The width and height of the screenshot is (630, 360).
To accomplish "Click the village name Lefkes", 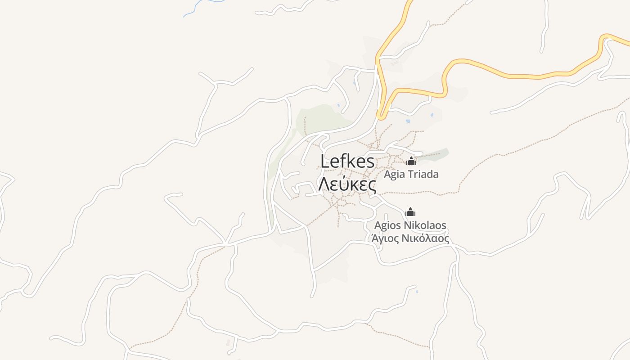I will (x=347, y=162).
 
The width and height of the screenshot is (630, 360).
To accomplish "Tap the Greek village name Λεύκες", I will (x=347, y=184).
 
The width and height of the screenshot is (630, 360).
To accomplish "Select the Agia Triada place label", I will (x=411, y=174).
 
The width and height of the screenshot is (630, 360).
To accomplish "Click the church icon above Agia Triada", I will (x=411, y=161).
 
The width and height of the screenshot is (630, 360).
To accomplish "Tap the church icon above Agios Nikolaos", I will (x=410, y=212).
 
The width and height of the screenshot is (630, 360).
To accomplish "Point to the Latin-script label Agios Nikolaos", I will (x=410, y=225).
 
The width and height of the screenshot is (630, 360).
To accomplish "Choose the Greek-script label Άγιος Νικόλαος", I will (x=410, y=238).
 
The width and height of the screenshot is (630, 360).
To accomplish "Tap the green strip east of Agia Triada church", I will (x=437, y=153).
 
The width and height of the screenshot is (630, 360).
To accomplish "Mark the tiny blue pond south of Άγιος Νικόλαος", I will (x=417, y=292).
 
